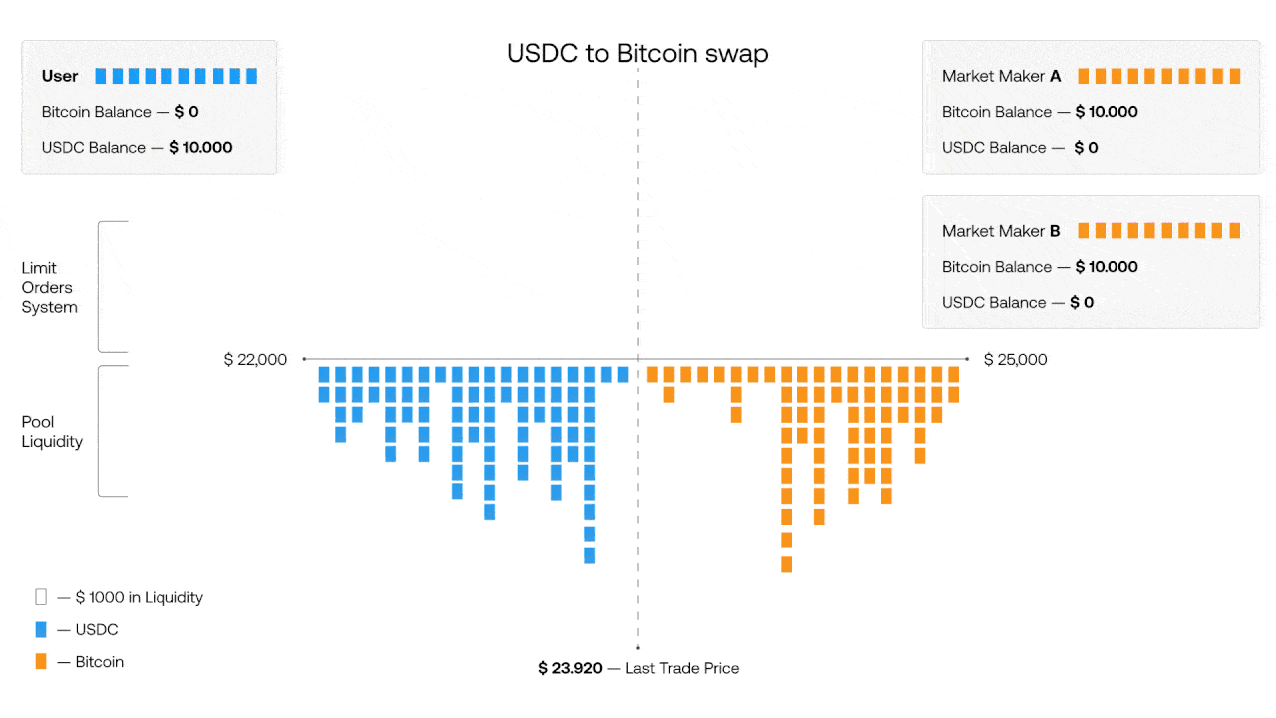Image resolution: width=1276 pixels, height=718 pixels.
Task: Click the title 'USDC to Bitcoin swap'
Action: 637,53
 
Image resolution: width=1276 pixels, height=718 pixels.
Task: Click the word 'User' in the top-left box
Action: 60,76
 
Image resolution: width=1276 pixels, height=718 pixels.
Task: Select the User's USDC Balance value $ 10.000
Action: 201,147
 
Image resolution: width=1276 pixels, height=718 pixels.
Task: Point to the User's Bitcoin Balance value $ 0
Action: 186,112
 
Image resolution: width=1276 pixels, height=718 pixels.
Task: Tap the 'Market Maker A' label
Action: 1001,76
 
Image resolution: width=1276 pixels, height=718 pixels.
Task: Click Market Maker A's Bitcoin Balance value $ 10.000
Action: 1107,112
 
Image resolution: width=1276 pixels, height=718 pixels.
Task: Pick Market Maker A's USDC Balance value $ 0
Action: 1086,147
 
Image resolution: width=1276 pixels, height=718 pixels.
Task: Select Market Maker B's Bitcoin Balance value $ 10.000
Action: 1107,267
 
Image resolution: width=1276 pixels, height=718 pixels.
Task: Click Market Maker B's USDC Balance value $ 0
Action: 1082,302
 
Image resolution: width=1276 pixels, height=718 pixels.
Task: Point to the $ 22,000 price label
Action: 255,359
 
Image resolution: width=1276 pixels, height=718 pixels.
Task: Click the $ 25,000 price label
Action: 1015,359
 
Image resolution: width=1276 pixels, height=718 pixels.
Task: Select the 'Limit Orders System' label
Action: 49,287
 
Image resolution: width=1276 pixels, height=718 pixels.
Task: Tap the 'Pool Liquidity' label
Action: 52,431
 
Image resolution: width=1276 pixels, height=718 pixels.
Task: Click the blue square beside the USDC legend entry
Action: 41,629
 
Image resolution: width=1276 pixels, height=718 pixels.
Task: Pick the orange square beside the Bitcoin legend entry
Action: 41,661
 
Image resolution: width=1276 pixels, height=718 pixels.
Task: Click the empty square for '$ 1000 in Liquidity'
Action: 41,597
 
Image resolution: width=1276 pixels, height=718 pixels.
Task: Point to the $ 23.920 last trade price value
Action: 570,668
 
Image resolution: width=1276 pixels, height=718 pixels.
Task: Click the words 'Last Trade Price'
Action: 682,668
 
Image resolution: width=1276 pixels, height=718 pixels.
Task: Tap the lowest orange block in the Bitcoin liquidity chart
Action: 787,564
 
